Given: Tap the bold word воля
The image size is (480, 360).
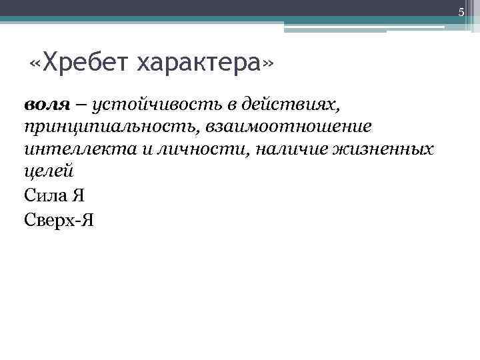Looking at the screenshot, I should click(x=47, y=104).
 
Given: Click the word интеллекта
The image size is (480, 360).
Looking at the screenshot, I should click(x=79, y=149).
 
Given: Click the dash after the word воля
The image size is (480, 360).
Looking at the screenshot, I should click(x=81, y=105).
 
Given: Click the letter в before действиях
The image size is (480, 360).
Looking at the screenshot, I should click(x=235, y=105).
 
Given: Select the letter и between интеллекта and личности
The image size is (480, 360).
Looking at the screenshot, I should click(x=149, y=149).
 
